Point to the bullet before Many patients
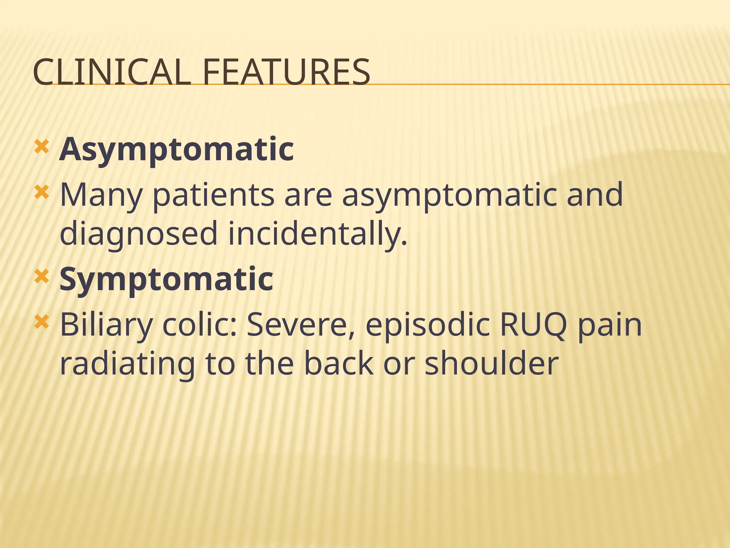coord(41,193)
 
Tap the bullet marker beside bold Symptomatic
coord(41,277)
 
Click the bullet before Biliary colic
coord(41,323)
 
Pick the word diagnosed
coord(139,234)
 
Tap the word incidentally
coord(317,234)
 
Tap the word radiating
coord(127,364)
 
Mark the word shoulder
coord(492,364)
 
